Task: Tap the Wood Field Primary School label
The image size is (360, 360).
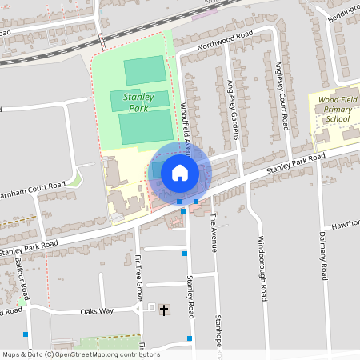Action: (334, 109)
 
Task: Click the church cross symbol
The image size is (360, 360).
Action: (165, 310)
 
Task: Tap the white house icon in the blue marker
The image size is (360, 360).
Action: (179, 172)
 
